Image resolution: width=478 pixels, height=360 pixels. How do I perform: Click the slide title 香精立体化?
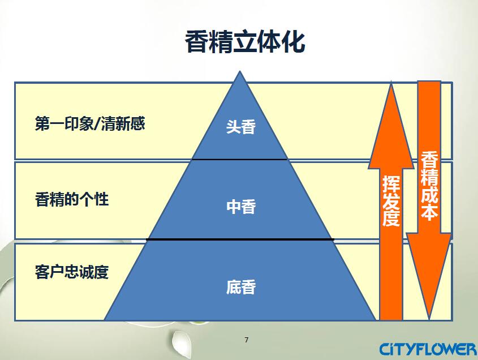[x=245, y=42]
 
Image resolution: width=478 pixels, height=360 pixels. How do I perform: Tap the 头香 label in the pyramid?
[x=241, y=126]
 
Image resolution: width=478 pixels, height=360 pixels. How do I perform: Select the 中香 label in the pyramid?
[x=241, y=207]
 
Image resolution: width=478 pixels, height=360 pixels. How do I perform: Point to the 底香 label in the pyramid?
[x=241, y=287]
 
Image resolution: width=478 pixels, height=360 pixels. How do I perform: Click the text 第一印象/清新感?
[x=90, y=123]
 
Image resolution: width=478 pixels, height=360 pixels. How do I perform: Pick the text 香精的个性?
[x=72, y=199]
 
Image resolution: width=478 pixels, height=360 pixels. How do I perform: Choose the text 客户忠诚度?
[x=72, y=272]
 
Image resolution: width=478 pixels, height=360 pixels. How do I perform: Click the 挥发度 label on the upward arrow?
[x=391, y=201]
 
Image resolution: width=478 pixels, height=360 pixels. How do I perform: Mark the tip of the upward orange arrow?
[x=391, y=81]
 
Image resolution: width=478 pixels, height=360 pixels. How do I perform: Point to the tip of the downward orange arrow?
[x=429, y=319]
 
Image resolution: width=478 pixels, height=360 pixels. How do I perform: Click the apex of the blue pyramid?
[x=240, y=71]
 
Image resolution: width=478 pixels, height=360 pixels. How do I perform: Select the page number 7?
[x=246, y=340]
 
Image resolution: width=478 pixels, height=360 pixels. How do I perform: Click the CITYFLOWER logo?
[x=428, y=349]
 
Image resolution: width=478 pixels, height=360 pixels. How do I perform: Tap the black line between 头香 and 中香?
[x=240, y=159]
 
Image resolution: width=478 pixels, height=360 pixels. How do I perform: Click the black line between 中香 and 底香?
[x=240, y=239]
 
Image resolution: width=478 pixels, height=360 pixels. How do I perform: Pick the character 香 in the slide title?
[x=197, y=42]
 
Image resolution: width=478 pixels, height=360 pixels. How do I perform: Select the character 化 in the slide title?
[x=294, y=42]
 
